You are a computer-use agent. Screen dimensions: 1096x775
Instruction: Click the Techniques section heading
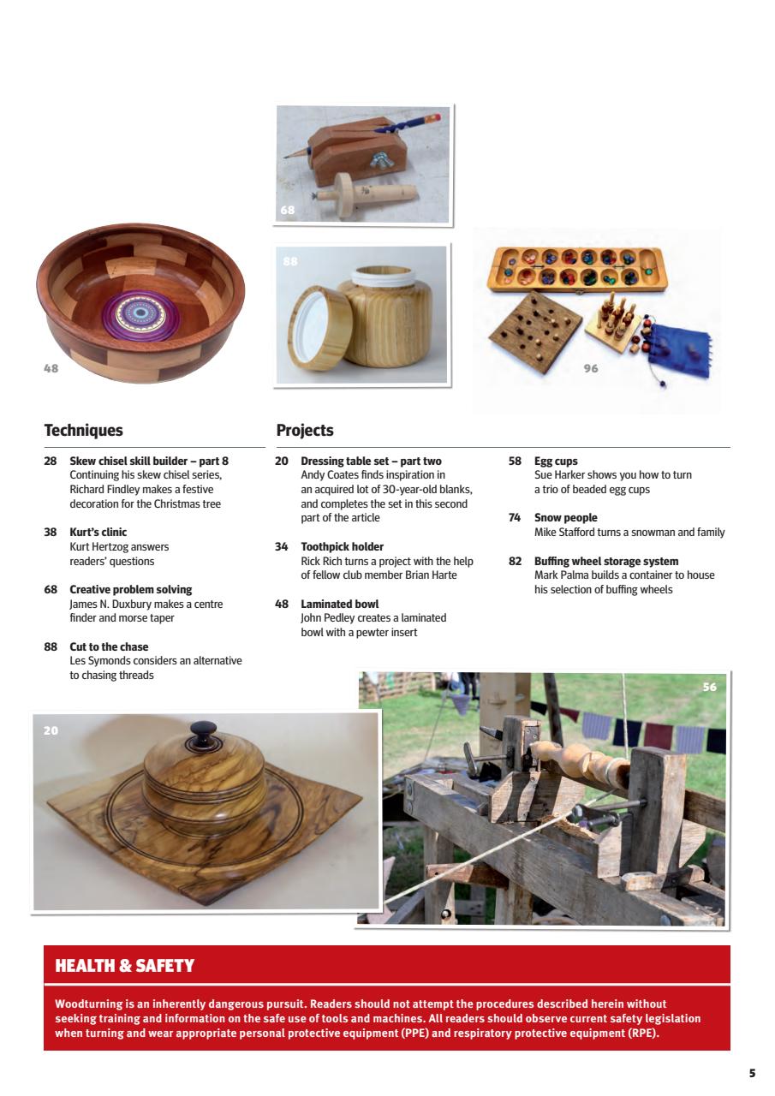tap(83, 431)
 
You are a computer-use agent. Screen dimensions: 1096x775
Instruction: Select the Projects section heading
tap(305, 431)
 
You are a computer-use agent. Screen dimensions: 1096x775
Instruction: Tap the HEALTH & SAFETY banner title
tap(124, 966)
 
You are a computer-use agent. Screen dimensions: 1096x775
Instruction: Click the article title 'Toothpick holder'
tap(342, 546)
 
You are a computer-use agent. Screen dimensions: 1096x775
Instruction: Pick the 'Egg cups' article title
tap(556, 461)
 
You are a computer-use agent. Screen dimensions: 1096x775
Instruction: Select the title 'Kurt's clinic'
tap(98, 532)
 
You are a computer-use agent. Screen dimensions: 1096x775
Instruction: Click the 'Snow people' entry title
tap(565, 517)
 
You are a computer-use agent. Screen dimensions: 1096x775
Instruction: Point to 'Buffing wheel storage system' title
tap(605, 561)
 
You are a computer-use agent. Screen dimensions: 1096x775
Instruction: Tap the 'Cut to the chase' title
tap(109, 646)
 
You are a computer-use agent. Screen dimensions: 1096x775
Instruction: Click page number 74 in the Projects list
tap(515, 517)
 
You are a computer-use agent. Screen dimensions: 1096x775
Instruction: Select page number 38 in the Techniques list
tap(51, 532)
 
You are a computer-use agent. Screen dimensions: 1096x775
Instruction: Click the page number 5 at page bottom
tap(752, 1073)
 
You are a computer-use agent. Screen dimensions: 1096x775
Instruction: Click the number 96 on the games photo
tap(590, 368)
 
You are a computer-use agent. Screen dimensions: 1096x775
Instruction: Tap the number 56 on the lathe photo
tap(709, 687)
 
